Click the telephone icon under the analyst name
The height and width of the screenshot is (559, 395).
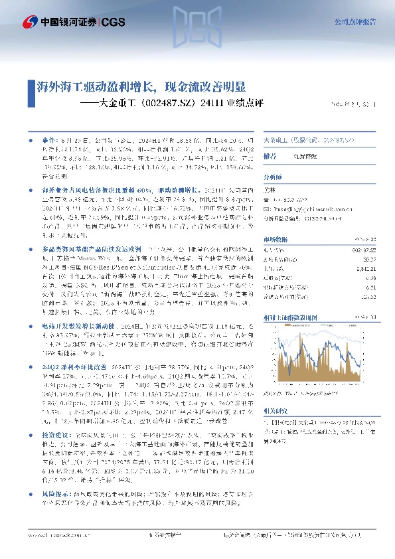tap(267, 199)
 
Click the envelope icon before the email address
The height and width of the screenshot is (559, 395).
tap(267, 208)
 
